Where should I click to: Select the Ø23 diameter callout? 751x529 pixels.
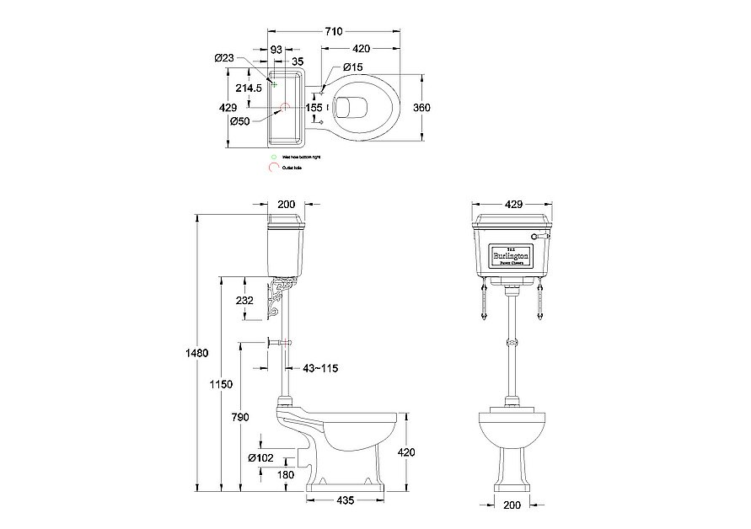[x=223, y=57]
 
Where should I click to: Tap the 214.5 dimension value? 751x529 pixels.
[x=248, y=87]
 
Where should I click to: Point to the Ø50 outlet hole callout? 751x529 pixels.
[x=239, y=121]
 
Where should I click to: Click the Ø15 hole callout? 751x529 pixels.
[x=352, y=67]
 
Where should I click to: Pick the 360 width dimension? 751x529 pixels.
[x=422, y=107]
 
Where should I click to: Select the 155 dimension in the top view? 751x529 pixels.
[x=314, y=107]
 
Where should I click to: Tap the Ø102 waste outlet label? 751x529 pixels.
[x=260, y=458]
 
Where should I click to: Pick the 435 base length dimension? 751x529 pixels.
[x=346, y=500]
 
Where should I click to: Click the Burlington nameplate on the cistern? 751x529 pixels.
[x=511, y=254]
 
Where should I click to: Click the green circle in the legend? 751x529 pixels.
[x=272, y=157]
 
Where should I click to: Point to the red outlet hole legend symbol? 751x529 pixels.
[x=272, y=168]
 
